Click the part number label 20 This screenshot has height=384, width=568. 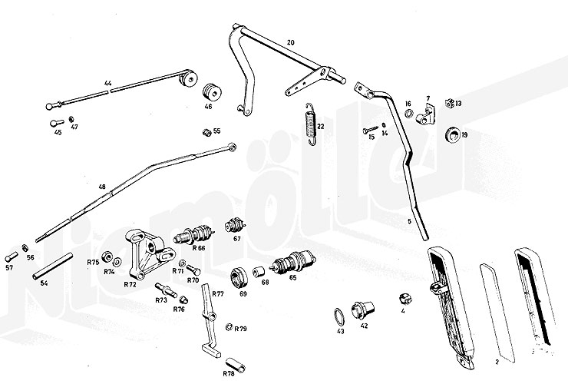(x=290, y=41)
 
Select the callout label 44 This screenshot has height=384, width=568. (x=108, y=81)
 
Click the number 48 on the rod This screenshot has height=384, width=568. (x=101, y=186)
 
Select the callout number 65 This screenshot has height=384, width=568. (x=292, y=277)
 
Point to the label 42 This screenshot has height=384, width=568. (x=364, y=326)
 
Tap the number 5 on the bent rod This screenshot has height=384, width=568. (x=410, y=221)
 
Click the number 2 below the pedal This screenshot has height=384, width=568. (x=497, y=362)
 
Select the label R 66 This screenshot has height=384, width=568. (x=198, y=248)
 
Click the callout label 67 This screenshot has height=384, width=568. (x=237, y=239)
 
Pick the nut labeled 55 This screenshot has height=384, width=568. (x=206, y=132)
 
